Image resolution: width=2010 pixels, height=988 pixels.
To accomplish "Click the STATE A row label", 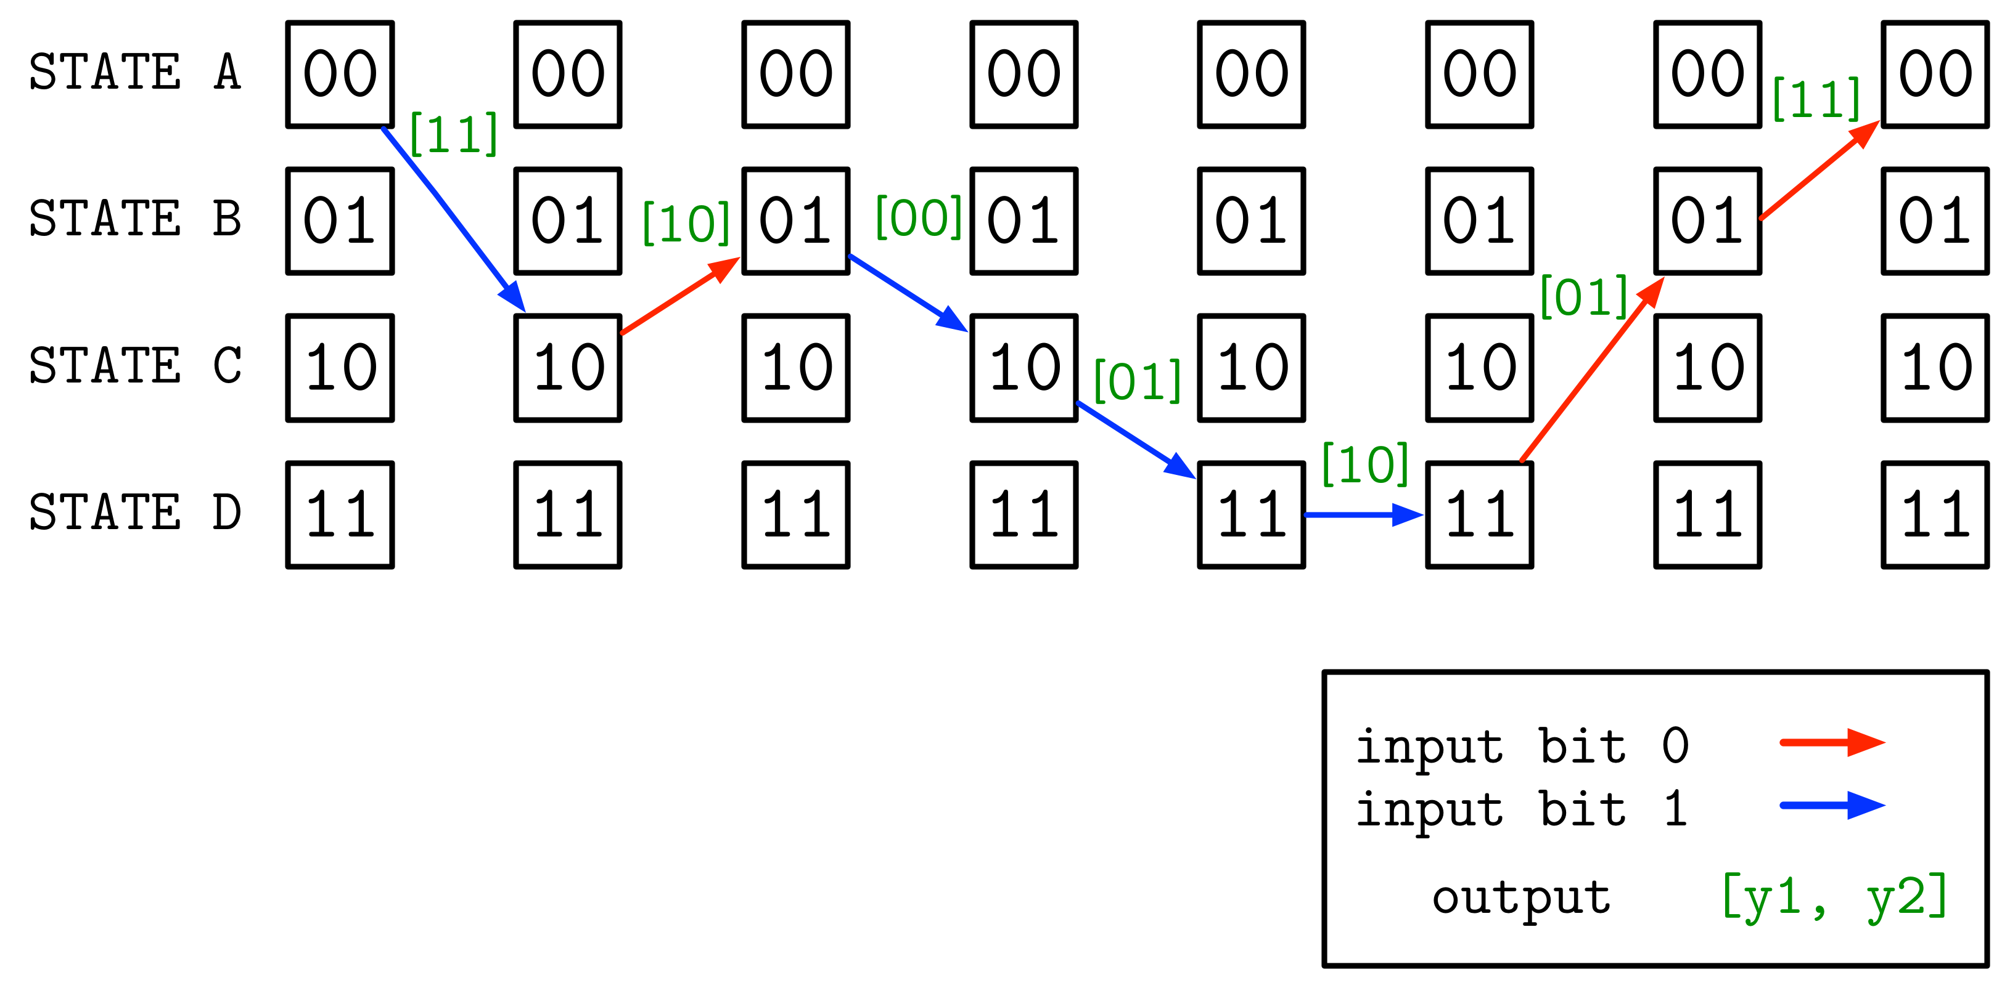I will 135,73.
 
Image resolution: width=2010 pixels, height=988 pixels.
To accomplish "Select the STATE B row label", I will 135,219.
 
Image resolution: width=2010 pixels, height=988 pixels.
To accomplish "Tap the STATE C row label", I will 135,366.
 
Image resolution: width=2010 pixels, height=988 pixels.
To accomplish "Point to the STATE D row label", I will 135,512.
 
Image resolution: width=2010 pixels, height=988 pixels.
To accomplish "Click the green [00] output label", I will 919,217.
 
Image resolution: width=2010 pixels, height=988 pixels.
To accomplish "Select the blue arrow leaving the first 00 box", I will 453,218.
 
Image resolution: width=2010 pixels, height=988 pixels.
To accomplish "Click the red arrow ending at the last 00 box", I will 1819,171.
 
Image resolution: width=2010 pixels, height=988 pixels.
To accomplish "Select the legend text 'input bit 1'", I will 1522,809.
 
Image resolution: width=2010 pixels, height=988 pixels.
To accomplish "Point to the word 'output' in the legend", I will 1521,897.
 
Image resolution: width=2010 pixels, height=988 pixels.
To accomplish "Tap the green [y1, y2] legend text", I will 1834,897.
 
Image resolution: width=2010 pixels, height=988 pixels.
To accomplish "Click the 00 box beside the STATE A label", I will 340,74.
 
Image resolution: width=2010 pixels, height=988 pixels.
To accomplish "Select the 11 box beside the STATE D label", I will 340,515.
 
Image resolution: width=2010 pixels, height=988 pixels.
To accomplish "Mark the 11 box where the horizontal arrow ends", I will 1479,515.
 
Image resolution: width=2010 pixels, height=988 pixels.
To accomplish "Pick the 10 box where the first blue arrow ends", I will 568,368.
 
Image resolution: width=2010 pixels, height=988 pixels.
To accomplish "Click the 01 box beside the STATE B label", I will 340,221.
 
